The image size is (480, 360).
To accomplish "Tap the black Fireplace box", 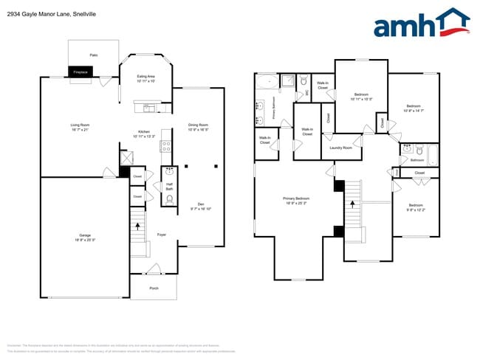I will [x=80, y=72].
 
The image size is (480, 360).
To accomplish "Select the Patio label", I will [x=94, y=55].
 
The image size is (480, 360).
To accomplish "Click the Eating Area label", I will [x=145, y=79].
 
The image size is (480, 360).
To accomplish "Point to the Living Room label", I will [x=80, y=127].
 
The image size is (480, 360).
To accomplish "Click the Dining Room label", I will [x=198, y=127].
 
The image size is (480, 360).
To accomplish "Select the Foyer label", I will [x=161, y=235].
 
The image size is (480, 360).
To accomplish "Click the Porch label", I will [x=154, y=288].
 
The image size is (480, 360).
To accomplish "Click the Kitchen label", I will [x=144, y=134].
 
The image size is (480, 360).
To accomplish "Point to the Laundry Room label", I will [x=341, y=148].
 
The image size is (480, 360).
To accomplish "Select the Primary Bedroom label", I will [x=296, y=200].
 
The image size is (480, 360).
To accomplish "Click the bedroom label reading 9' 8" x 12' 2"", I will [x=416, y=207].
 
